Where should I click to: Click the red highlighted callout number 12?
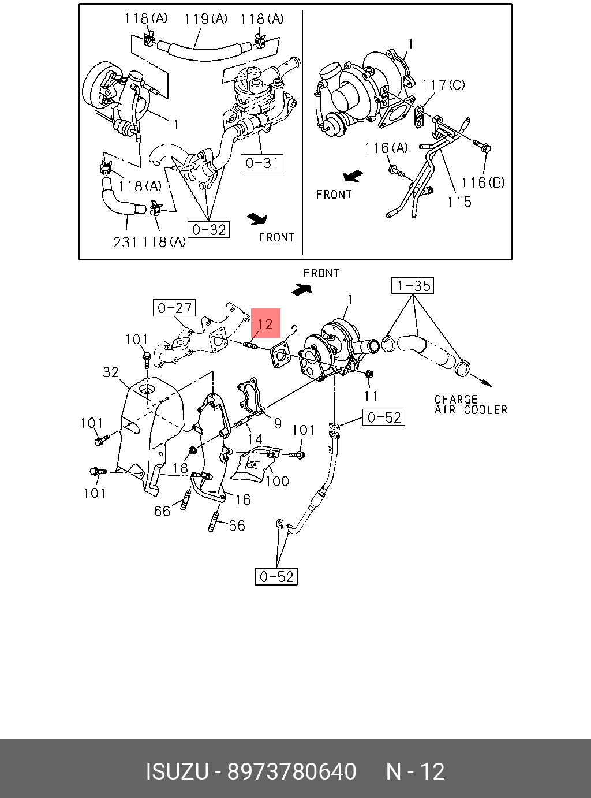pyautogui.click(x=265, y=323)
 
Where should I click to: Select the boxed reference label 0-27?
pyautogui.click(x=174, y=308)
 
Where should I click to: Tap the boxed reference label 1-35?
pyautogui.click(x=413, y=286)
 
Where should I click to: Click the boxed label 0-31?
pyautogui.click(x=261, y=163)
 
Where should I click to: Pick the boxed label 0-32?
pyautogui.click(x=208, y=230)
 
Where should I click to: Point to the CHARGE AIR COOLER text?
pyautogui.click(x=470, y=405)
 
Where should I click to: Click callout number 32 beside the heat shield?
pyautogui.click(x=111, y=372)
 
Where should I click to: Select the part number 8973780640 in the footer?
pyautogui.click(x=291, y=772)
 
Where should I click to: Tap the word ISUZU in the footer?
pyautogui.click(x=177, y=772)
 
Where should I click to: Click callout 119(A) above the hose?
pyautogui.click(x=205, y=19)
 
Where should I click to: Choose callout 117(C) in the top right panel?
pyautogui.click(x=443, y=85)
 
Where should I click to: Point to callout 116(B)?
pyautogui.click(x=483, y=183)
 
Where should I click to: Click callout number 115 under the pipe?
pyautogui.click(x=459, y=202)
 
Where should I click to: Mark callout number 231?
pyautogui.click(x=125, y=242)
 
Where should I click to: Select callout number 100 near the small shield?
pyautogui.click(x=277, y=480)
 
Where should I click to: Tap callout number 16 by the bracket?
pyautogui.click(x=242, y=499)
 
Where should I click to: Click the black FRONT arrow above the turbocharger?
pyautogui.click(x=302, y=289)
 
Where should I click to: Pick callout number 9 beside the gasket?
pyautogui.click(x=278, y=423)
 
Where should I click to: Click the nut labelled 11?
pyautogui.click(x=370, y=374)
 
